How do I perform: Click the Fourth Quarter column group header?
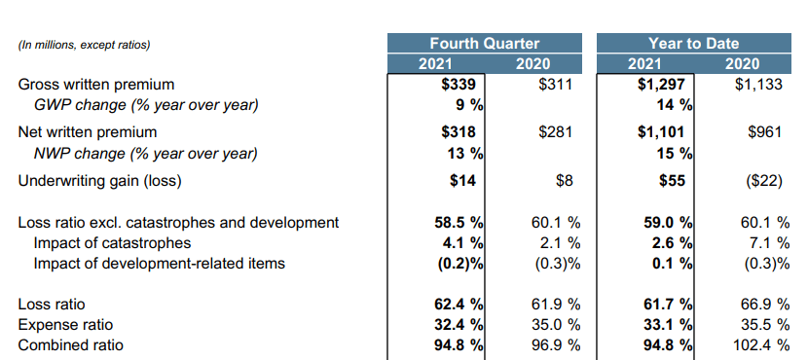[484, 43]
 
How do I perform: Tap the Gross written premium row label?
[96, 85]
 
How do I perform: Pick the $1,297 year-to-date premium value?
[664, 85]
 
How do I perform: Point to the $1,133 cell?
[759, 85]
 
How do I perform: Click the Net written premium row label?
[88, 132]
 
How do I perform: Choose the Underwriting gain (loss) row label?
[100, 181]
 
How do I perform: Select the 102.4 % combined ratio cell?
[759, 344]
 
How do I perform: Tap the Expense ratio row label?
[65, 325]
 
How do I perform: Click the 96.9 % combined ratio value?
[556, 344]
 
